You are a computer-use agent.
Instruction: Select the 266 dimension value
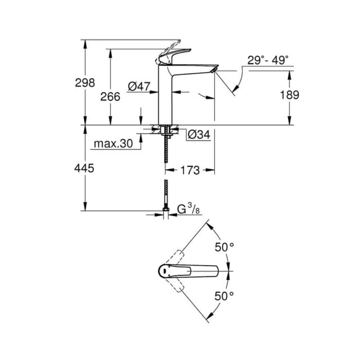tap(111, 96)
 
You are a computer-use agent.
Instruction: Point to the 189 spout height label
tap(289, 95)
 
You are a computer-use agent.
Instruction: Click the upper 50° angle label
tap(224, 247)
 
